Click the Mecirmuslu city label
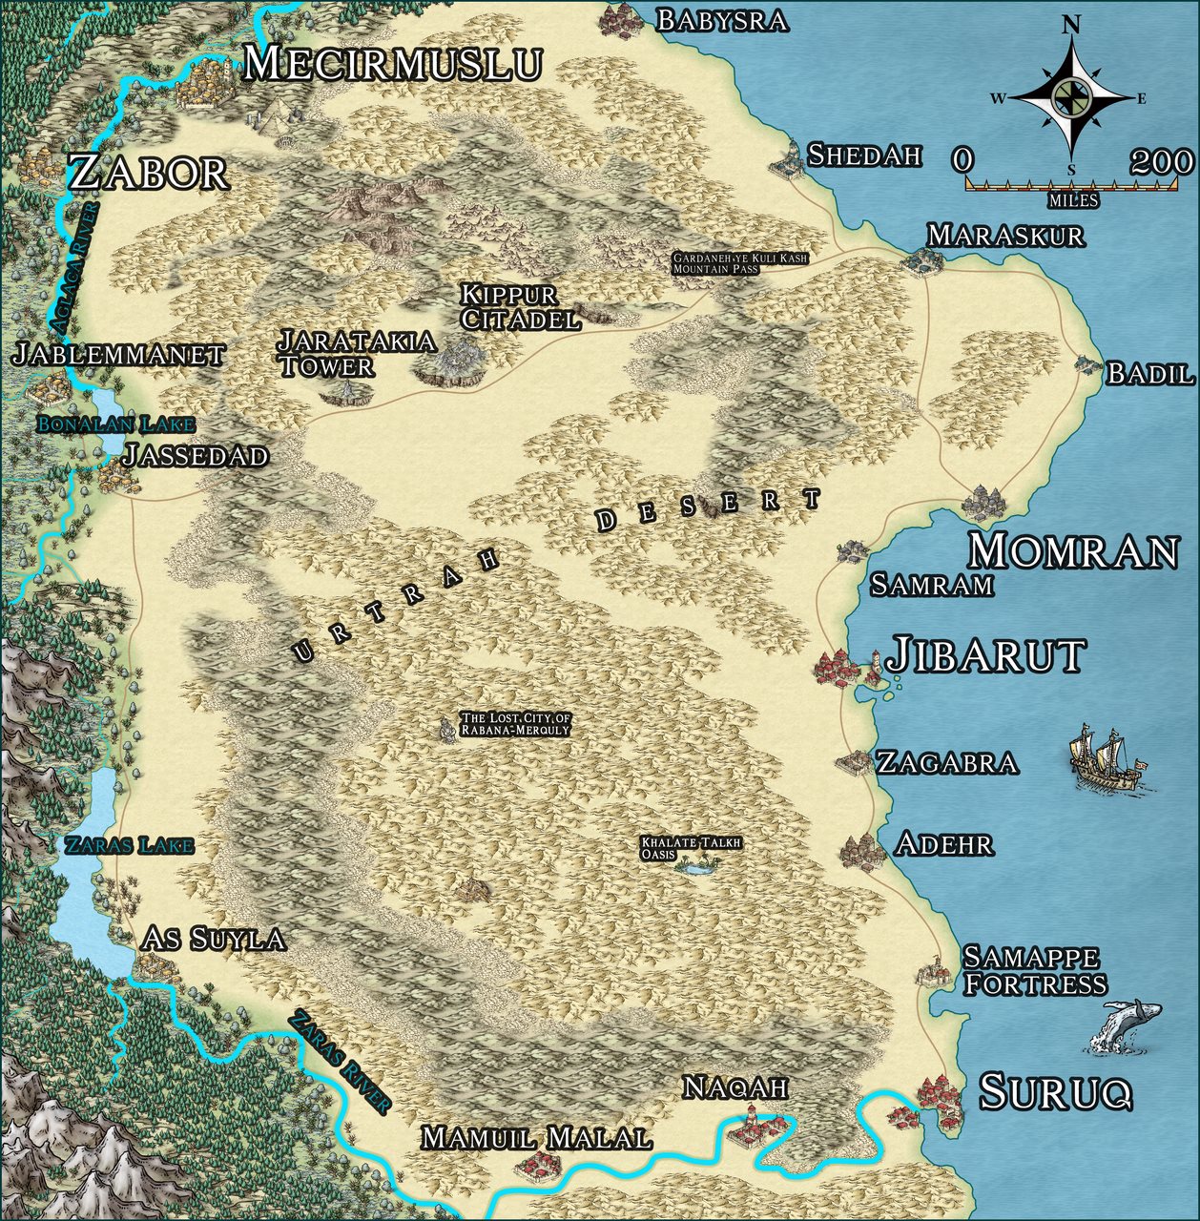(x=393, y=64)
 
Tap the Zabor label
(x=149, y=174)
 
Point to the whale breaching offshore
(x=1126, y=1026)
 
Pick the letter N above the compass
(x=1071, y=26)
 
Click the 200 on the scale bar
(x=1161, y=162)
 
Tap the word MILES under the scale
(x=1072, y=201)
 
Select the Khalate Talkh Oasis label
(x=691, y=848)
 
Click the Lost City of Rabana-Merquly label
(x=515, y=724)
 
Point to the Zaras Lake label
(x=129, y=845)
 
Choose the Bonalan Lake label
(x=115, y=424)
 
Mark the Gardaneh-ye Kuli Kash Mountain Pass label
(x=739, y=263)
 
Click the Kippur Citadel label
(x=520, y=307)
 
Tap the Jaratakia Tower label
(x=356, y=353)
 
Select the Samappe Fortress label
(x=1034, y=970)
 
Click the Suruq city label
(x=1055, y=1092)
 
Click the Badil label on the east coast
(x=1149, y=374)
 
